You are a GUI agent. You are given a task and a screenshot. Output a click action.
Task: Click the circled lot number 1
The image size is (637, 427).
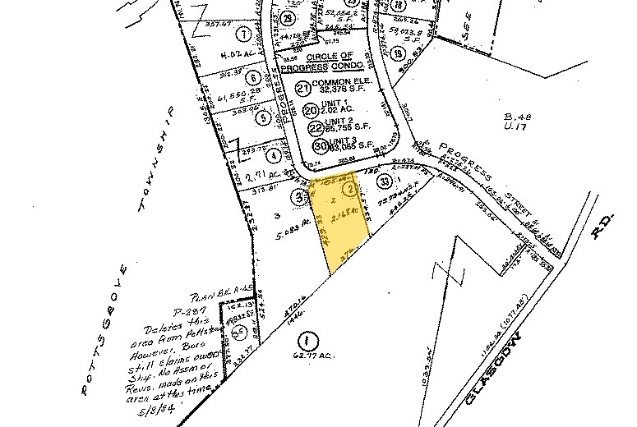[x=306, y=338]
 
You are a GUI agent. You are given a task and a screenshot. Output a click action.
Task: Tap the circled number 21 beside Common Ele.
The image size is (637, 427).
[x=304, y=89]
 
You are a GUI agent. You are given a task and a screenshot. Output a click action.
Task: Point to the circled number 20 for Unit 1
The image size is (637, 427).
[x=311, y=109]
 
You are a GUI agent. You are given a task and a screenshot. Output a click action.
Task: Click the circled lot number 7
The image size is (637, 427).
[x=242, y=34]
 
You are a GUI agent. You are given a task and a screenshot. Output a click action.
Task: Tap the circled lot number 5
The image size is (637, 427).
[x=262, y=117]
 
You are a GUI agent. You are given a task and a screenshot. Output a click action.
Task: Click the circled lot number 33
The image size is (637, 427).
[x=383, y=180]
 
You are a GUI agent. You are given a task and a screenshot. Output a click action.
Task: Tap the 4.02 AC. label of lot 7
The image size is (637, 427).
[x=238, y=56]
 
